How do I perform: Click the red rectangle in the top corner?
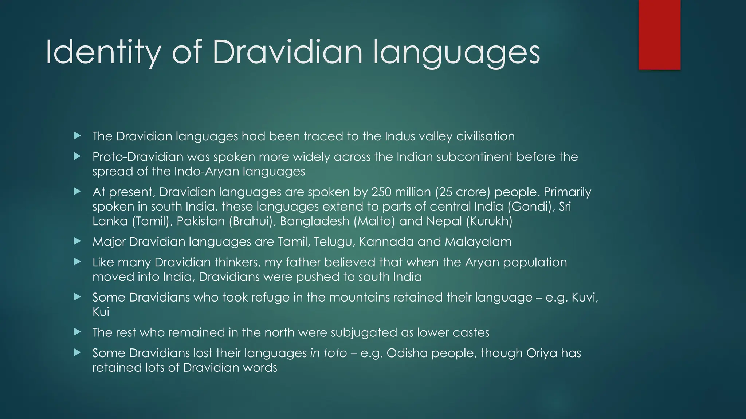[x=659, y=35]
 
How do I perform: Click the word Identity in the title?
[x=103, y=53]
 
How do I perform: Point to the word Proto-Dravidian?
[x=138, y=157]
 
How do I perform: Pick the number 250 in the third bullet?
[x=381, y=192]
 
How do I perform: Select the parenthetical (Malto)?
[x=374, y=221]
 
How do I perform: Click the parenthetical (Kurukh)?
[x=489, y=221]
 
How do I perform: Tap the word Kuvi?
[x=584, y=298]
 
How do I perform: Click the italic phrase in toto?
[x=328, y=353]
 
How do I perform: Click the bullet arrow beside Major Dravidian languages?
[x=77, y=241]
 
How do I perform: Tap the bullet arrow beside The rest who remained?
[x=77, y=332]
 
